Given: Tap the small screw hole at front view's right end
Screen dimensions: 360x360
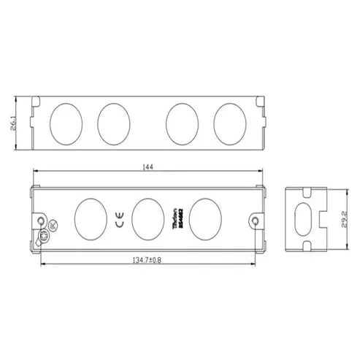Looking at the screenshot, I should pyautogui.click(x=254, y=221).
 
